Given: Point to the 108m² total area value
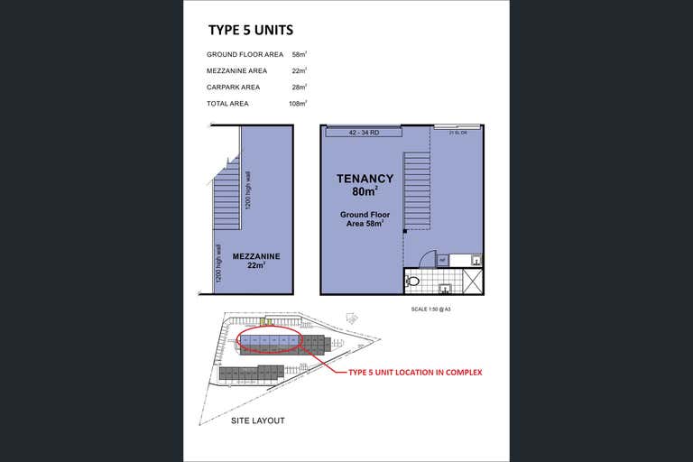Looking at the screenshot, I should (298, 104).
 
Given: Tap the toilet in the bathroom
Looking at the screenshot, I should (413, 281).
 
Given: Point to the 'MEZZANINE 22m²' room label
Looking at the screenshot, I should (255, 261).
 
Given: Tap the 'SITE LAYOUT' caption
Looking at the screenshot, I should (258, 420).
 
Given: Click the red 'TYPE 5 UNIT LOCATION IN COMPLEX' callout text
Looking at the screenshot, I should (415, 372).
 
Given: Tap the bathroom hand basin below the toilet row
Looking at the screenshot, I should (446, 289).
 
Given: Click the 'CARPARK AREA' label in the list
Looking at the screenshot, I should (233, 88).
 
